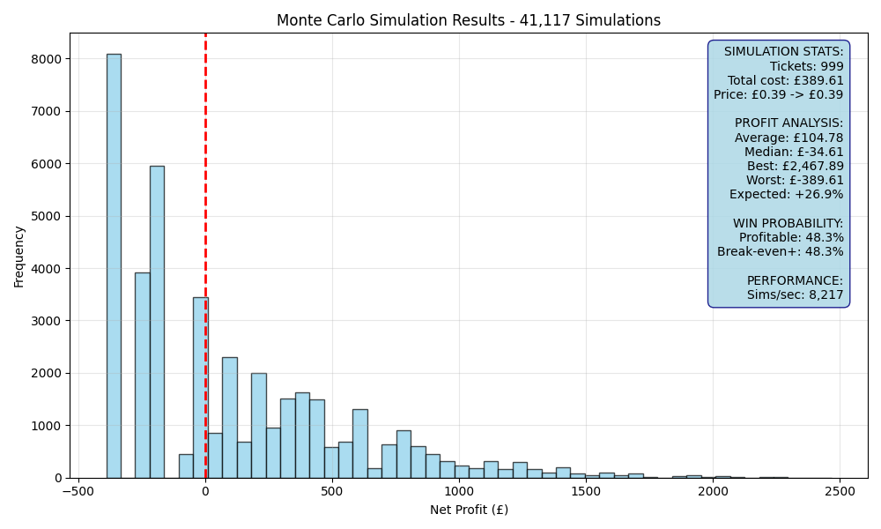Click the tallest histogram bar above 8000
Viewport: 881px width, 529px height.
point(114,266)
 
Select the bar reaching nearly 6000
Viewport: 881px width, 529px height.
point(158,322)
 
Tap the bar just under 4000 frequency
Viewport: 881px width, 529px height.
point(143,376)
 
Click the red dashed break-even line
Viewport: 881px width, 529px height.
point(205,256)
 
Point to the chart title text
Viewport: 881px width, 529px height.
point(469,20)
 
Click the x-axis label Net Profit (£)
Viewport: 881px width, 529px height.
point(469,510)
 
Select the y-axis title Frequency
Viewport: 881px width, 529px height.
point(19,257)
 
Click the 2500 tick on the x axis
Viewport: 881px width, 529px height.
point(840,491)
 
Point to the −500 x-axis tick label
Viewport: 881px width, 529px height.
point(78,491)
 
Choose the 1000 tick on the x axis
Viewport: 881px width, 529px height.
point(459,491)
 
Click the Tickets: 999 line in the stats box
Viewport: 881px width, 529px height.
point(806,66)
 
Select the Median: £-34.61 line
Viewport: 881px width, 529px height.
point(794,152)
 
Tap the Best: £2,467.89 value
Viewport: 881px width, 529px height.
point(795,166)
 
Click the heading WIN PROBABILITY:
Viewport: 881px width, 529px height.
point(788,223)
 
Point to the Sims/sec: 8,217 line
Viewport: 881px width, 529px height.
point(795,294)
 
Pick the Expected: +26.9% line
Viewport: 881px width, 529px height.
point(787,195)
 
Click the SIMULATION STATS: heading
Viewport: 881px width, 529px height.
point(784,52)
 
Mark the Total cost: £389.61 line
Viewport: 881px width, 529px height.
point(786,80)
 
